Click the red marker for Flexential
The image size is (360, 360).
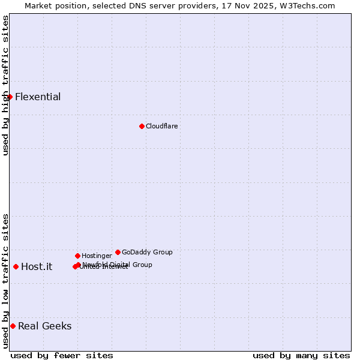[10, 97]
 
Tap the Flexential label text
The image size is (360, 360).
[38, 97]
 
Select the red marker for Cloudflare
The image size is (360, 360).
[142, 126]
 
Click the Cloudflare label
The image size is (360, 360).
[161, 127]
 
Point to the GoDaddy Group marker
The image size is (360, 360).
[118, 252]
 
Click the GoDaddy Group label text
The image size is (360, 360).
[147, 253]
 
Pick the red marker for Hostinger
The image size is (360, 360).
[77, 256]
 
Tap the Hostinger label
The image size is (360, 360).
[97, 256]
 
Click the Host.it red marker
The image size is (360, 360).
[16, 266]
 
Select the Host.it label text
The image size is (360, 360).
[37, 267]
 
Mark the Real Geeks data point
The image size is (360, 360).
[13, 326]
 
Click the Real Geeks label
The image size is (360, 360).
[45, 326]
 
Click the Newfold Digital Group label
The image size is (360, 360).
[118, 265]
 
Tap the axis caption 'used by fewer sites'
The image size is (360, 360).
[62, 355]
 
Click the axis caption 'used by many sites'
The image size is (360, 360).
[301, 355]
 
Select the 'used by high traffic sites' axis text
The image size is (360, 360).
[5, 85]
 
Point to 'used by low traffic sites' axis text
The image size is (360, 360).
[5, 281]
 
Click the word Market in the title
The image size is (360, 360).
[37, 6]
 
